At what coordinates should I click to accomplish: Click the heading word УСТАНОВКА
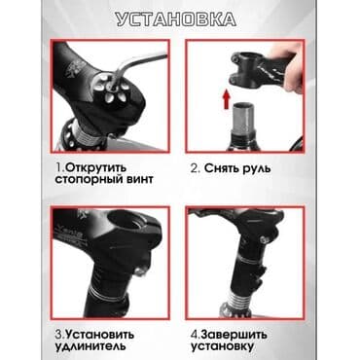[180, 18]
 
